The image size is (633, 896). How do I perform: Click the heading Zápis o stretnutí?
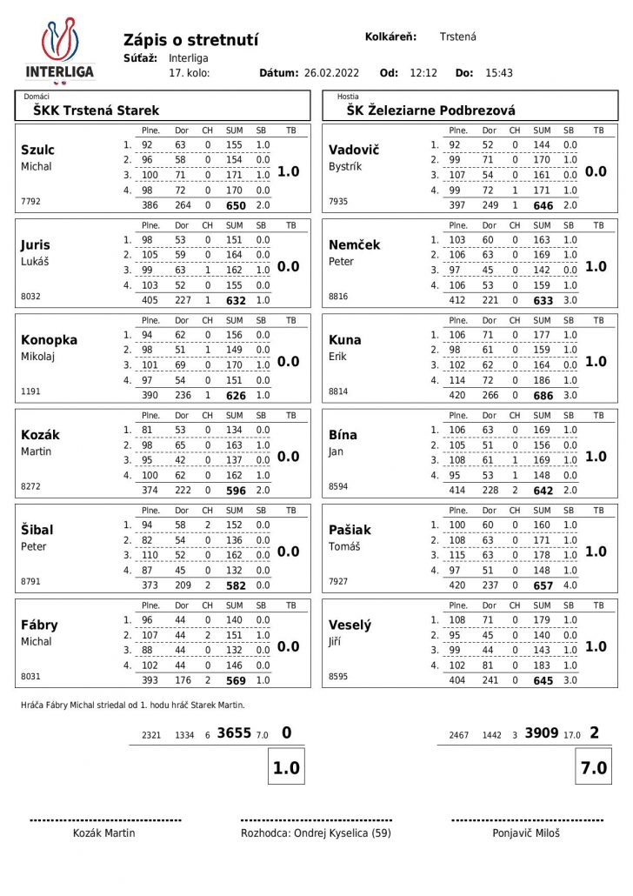click(x=191, y=40)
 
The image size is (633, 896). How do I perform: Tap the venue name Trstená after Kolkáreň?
click(x=457, y=37)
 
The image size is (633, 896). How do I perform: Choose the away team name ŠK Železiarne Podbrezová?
click(x=430, y=110)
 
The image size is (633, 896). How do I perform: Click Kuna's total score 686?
click(x=543, y=396)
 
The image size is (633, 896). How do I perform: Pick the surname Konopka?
click(x=50, y=340)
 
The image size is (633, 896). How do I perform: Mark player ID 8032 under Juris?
click(x=30, y=297)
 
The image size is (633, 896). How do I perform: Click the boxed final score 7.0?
click(x=595, y=768)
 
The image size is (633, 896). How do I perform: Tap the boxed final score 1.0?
click(x=286, y=768)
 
